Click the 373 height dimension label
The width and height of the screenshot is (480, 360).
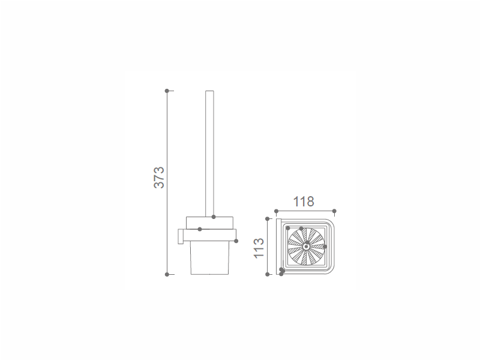(x=159, y=178)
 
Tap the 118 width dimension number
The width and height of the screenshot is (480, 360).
(x=304, y=202)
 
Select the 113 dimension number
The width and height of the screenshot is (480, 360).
(x=259, y=248)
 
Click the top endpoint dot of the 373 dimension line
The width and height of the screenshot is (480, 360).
(x=167, y=91)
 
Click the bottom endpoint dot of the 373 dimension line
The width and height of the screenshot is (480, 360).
(x=167, y=275)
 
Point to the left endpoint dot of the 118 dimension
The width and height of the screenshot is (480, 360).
(x=276, y=211)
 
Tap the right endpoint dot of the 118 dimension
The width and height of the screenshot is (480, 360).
(x=334, y=211)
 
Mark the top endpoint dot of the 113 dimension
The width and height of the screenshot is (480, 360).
(x=267, y=219)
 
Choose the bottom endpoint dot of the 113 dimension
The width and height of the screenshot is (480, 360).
(x=267, y=275)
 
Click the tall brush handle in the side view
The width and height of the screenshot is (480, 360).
(x=209, y=154)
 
